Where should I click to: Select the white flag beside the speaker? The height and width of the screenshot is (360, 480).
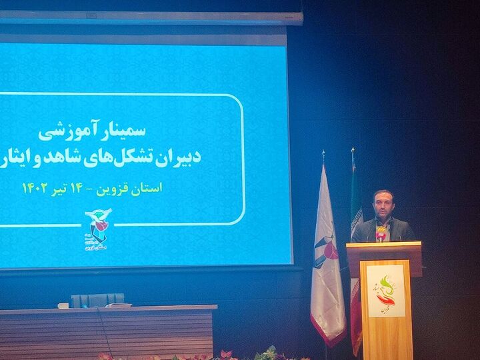tap(327, 260)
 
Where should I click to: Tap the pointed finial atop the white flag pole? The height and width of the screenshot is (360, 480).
tap(323, 155)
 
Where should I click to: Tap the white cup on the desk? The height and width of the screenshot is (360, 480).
tap(63, 305)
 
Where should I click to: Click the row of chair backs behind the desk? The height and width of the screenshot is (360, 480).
tap(97, 300)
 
